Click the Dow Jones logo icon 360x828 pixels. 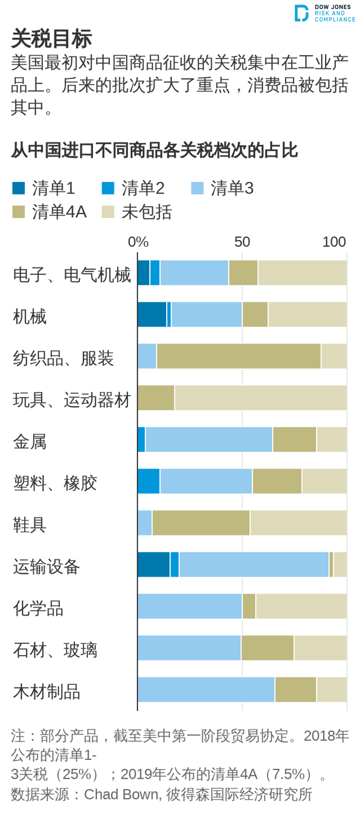[301, 13]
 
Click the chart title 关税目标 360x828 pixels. [52, 39]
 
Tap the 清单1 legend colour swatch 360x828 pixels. [18, 188]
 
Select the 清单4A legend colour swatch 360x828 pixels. [18, 212]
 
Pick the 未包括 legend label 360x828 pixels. [146, 212]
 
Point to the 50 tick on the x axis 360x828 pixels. [242, 242]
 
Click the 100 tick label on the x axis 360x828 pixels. [334, 242]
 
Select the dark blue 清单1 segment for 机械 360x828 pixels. [152, 314]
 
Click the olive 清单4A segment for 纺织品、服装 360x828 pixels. [238, 356]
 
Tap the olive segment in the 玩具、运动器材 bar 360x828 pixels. [156, 398]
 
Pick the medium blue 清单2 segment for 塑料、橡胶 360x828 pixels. [149, 481]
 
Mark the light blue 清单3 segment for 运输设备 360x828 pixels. [254, 564]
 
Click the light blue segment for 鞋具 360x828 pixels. [145, 523]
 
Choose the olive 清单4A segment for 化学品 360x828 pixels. [249, 606]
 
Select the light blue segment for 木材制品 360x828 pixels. [206, 689]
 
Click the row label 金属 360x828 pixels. [30, 442]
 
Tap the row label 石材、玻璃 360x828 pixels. [55, 650]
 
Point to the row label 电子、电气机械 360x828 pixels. [72, 275]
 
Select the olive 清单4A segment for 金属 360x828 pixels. [294, 439]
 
